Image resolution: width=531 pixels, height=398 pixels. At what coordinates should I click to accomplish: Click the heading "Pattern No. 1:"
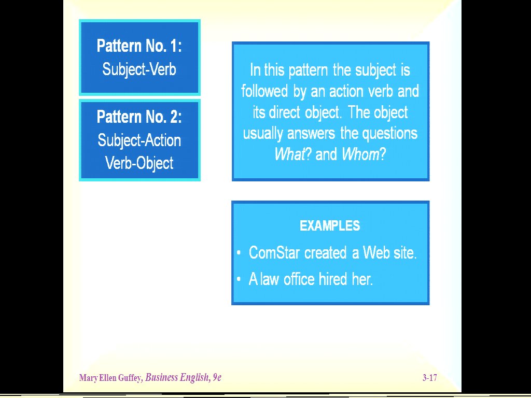[139, 46]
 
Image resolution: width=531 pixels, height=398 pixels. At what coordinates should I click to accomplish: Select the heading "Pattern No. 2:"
[139, 117]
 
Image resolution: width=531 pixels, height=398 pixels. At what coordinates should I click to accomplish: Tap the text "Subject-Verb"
[139, 70]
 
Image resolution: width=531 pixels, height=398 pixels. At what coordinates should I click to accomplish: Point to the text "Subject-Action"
[139, 140]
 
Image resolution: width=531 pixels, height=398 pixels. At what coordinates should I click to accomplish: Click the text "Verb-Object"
[139, 163]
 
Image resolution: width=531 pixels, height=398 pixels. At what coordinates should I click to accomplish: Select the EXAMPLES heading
[330, 226]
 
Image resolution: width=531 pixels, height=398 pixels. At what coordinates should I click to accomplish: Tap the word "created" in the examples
[326, 253]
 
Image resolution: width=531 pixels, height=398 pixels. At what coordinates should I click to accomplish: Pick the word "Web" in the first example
[376, 253]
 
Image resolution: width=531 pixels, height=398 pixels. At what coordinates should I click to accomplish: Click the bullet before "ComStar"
[239, 253]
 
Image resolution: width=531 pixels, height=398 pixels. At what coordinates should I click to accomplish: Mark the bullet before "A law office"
[239, 279]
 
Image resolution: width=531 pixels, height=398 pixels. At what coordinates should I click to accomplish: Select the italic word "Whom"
[360, 154]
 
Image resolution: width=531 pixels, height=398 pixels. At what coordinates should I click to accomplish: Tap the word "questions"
[390, 134]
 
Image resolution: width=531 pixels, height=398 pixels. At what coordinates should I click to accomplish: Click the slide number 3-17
[429, 378]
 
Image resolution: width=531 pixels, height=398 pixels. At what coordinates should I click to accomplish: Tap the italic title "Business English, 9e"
[183, 377]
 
